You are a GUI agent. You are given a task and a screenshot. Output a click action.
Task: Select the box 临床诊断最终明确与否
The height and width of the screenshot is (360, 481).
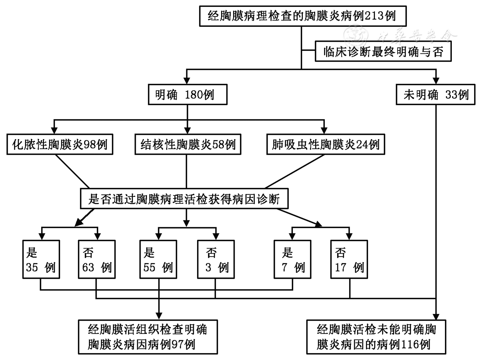tap(384, 51)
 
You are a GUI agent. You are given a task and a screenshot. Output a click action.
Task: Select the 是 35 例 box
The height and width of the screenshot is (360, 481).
tap(41, 259)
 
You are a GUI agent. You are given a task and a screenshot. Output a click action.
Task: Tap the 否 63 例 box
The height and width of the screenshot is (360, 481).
tap(96, 259)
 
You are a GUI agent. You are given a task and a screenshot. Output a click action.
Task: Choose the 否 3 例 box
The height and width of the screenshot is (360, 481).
tap(215, 259)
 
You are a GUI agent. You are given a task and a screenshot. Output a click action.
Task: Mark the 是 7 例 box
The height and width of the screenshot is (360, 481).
tap(292, 259)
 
